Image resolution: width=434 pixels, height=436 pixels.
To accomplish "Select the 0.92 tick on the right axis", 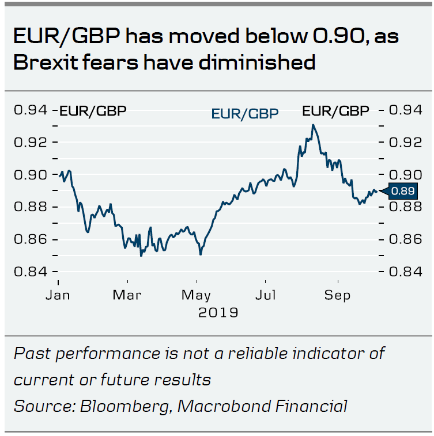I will (x=409, y=142).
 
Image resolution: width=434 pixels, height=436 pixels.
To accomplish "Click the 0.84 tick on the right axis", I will (x=409, y=271).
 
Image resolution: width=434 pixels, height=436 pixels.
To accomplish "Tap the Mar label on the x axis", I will (x=128, y=296).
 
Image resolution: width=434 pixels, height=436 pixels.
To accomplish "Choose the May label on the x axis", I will (x=197, y=296).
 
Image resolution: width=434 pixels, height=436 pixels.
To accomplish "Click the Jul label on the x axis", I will (x=266, y=296).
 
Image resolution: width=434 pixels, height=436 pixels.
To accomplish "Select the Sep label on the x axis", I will (x=337, y=296).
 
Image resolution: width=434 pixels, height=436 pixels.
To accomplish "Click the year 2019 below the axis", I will (x=218, y=313).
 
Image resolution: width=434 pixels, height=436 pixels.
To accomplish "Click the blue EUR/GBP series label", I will (x=245, y=113).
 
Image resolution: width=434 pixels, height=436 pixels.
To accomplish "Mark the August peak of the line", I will (x=312, y=125).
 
